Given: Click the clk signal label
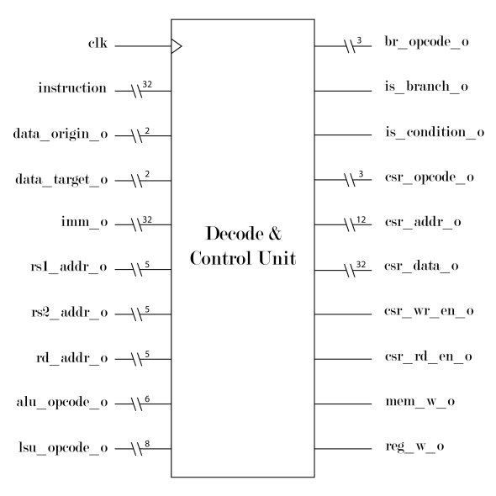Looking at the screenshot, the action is (98, 43).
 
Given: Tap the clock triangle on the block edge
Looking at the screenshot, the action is (177, 46).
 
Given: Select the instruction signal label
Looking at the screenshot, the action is (72, 88).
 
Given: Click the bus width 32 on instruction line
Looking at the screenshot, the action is (147, 84).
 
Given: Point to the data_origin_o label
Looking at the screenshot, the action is (61, 135).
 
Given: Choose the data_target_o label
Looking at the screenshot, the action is (61, 180).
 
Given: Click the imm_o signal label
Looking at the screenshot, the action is (84, 222).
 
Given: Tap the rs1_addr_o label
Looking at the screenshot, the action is (69, 267).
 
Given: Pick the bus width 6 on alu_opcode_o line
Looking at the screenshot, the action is (147, 399).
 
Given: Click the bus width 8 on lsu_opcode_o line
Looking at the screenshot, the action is (147, 444).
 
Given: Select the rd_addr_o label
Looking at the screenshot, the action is (72, 358).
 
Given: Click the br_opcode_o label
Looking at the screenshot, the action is (427, 42).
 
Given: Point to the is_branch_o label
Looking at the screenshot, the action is (426, 87).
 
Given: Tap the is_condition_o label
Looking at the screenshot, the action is (435, 132).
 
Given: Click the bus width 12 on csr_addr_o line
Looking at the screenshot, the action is (361, 220).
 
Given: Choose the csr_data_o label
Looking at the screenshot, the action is (421, 266).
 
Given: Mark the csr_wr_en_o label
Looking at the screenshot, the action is (429, 311).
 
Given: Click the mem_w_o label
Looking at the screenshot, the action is (420, 401).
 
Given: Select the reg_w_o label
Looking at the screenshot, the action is (414, 446).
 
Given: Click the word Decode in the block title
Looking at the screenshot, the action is (235, 234).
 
